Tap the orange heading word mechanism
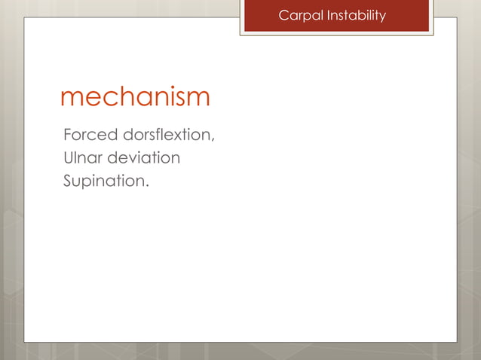pyautogui.click(x=135, y=98)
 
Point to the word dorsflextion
pyautogui.click(x=166, y=136)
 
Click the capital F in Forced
pyautogui.click(x=68, y=136)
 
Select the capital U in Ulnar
pyautogui.click(x=69, y=159)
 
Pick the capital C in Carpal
pyautogui.click(x=283, y=15)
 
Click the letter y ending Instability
pyautogui.click(x=382, y=17)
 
